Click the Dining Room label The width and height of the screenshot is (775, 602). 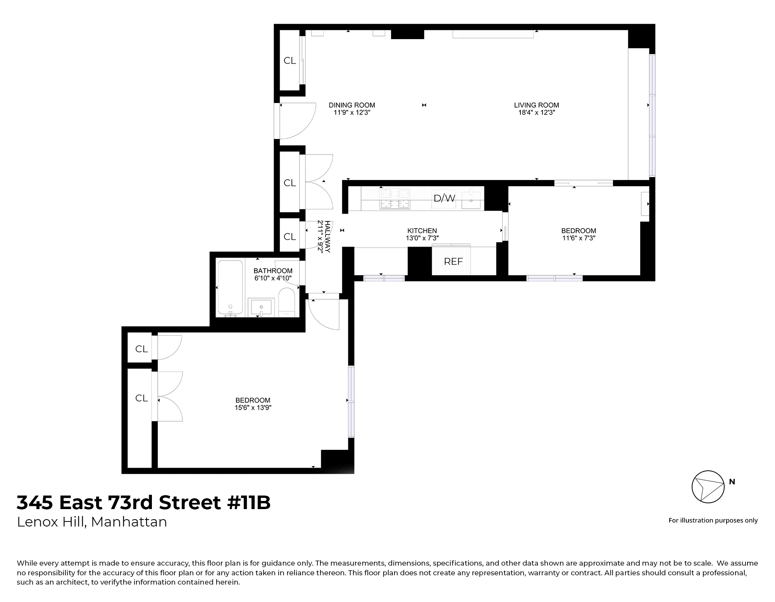pos(352,105)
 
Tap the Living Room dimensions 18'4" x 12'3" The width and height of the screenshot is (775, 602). pos(536,113)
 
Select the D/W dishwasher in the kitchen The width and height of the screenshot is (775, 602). pos(444,199)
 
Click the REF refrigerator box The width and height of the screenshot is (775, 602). pos(453,262)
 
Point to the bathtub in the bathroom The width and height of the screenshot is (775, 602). pos(231,287)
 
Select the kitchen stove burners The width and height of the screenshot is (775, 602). pos(395,199)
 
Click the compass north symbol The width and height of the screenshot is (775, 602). pos(708,487)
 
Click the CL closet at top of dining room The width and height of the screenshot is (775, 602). pos(289,61)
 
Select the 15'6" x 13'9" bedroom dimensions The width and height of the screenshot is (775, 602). pos(253,408)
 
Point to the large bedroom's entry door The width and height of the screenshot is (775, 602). pos(324,314)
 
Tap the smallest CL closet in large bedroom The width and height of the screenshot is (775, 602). pos(141,349)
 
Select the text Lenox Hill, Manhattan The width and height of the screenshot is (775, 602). pos(92,522)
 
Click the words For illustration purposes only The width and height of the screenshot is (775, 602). pos(713,521)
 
